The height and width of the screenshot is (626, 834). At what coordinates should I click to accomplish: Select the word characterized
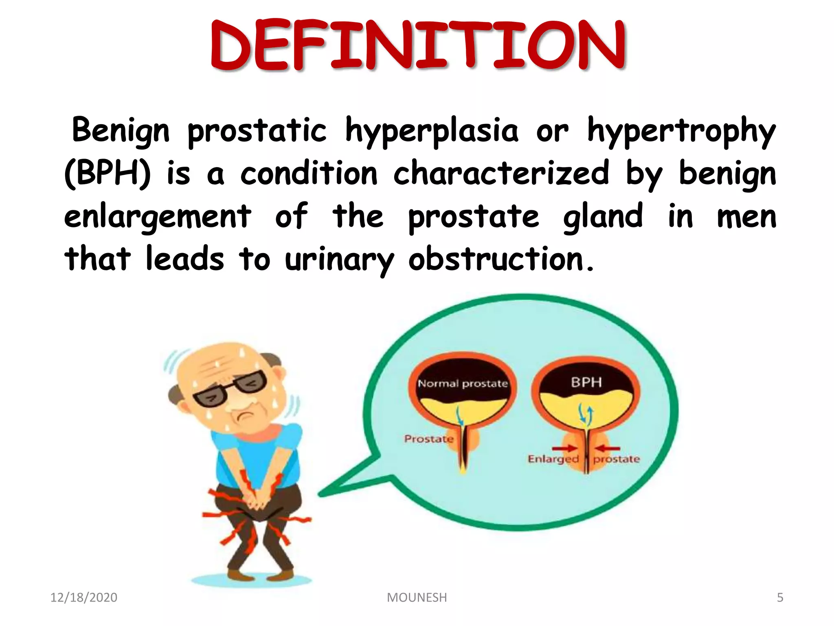click(x=500, y=174)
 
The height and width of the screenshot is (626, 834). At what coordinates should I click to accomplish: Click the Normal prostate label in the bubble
click(x=463, y=384)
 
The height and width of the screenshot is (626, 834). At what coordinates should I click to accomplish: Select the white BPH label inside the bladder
click(x=586, y=382)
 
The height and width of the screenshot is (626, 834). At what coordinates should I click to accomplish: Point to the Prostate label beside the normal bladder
click(x=428, y=439)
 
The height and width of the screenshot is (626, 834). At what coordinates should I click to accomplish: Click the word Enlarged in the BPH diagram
click(x=553, y=459)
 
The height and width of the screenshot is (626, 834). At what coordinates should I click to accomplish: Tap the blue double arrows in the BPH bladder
click(x=586, y=415)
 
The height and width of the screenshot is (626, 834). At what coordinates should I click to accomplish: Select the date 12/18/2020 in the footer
click(x=83, y=597)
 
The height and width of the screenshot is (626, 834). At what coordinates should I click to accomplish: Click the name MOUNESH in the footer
click(x=417, y=597)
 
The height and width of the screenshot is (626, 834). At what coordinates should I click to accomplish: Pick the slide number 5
click(x=780, y=597)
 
